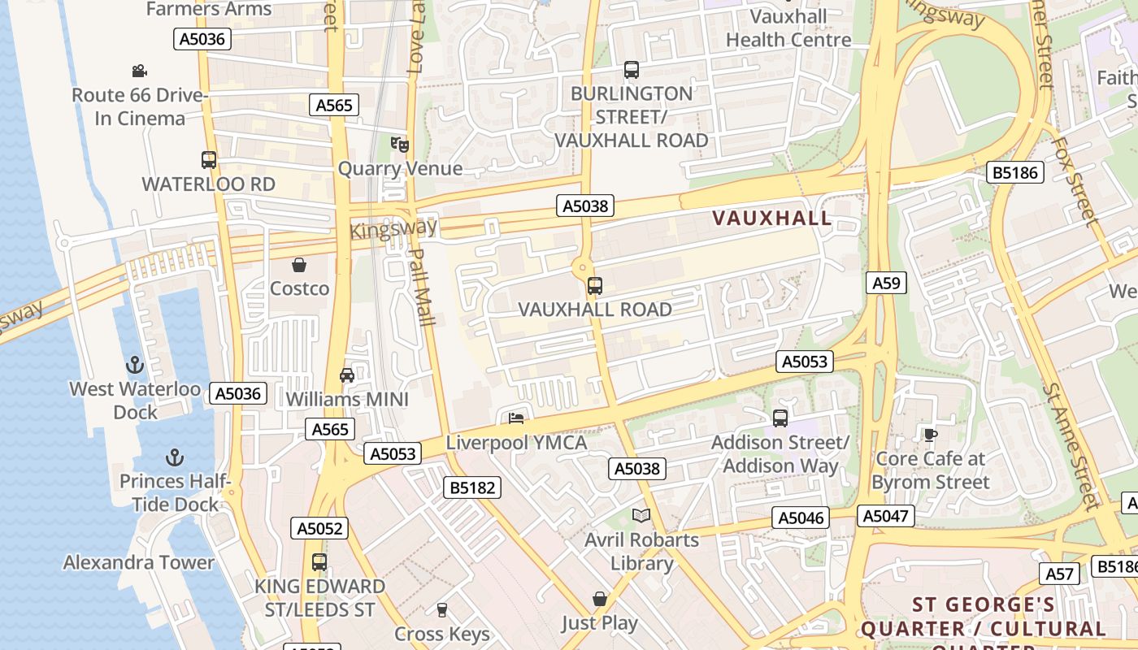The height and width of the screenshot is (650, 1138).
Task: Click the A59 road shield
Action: [886, 283]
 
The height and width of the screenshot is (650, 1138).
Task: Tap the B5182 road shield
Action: [472, 487]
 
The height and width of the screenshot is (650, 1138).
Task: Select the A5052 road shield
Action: [319, 528]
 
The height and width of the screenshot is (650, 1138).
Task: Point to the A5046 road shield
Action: [801, 518]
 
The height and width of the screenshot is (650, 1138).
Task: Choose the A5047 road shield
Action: [886, 516]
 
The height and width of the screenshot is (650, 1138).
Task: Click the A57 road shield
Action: [1060, 574]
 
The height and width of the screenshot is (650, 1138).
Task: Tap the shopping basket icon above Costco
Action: [299, 265]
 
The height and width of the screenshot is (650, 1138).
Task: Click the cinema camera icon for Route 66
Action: [139, 71]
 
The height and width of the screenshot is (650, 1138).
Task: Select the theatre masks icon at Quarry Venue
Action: [399, 145]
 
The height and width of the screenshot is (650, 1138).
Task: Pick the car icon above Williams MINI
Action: [347, 375]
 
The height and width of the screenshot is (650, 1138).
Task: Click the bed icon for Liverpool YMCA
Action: [516, 419]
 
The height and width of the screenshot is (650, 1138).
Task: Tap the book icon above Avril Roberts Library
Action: [641, 515]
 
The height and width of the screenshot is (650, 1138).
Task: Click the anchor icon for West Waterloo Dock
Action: [135, 365]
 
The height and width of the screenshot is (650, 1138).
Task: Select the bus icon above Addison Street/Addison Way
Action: [780, 418]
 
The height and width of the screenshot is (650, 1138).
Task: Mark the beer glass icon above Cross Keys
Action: [442, 609]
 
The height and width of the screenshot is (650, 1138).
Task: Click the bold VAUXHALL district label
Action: [772, 218]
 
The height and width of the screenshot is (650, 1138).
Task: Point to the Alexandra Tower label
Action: [139, 562]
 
